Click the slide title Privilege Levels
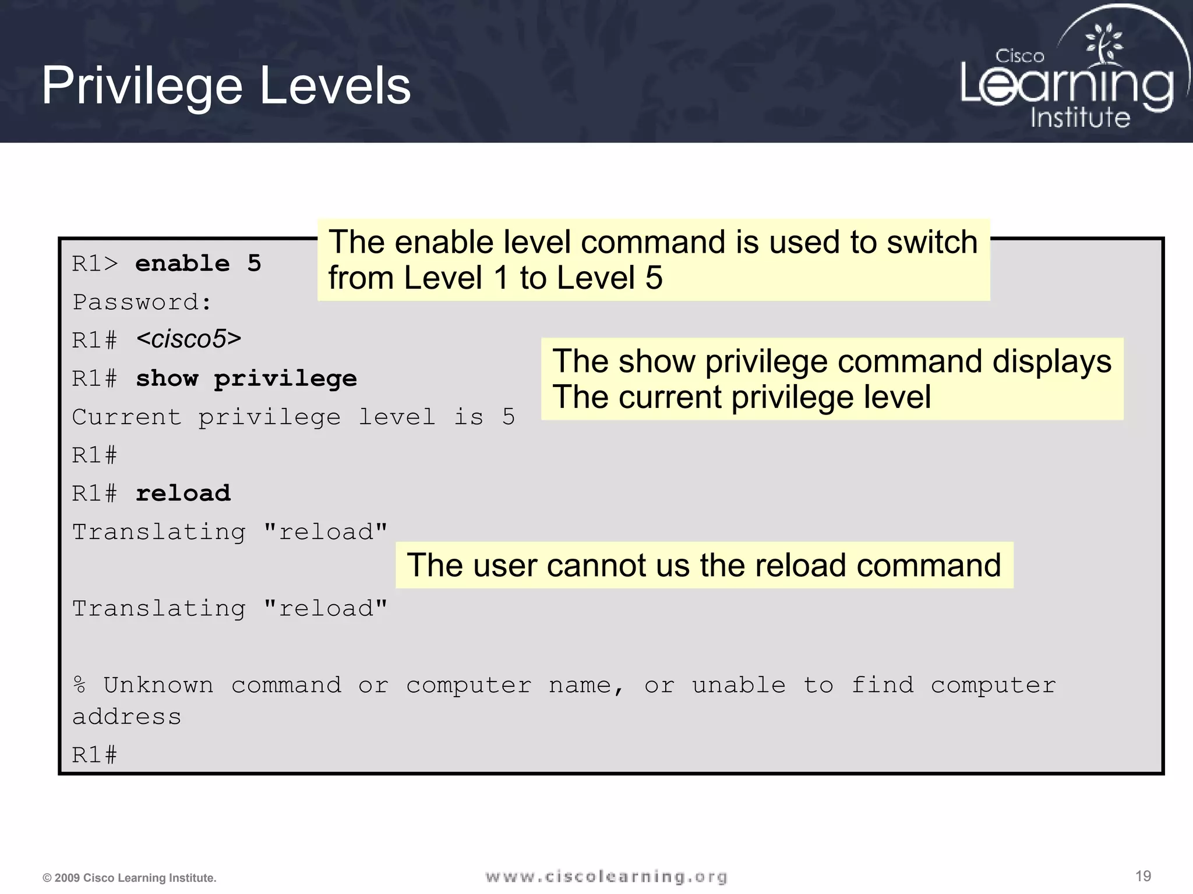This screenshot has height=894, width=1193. [226, 86]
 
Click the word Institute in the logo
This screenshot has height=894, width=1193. [1080, 118]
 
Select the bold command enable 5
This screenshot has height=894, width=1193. [198, 264]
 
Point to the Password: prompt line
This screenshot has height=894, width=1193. [142, 303]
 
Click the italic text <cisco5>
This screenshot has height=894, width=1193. [189, 339]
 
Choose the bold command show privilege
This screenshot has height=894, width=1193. [246, 379]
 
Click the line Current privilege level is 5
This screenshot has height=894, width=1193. [293, 417]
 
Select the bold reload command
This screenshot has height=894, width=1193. [183, 494]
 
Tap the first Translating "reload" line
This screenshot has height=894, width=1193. [230, 532]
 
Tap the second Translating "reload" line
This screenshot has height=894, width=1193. [230, 609]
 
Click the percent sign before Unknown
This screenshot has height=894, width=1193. [79, 685]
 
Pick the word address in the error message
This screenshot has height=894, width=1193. [126, 717]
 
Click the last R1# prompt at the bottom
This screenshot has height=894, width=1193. [94, 755]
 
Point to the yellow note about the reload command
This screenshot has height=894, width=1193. [704, 565]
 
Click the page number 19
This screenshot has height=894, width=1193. [1143, 876]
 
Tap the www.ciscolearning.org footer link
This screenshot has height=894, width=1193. [606, 877]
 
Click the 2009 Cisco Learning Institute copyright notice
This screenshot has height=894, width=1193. [129, 878]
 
